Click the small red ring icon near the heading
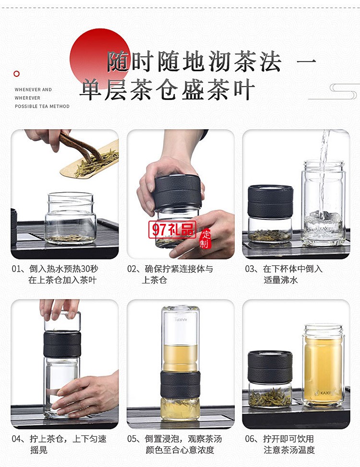(x=17, y=74)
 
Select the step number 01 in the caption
(x=17, y=269)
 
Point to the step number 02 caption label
(x=132, y=269)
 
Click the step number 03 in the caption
(x=250, y=269)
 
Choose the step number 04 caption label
(x=17, y=439)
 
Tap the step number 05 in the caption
(x=132, y=439)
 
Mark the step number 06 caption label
(x=250, y=439)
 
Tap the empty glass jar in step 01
(x=71, y=219)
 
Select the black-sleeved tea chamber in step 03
(x=270, y=202)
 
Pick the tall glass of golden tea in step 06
(x=323, y=365)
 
